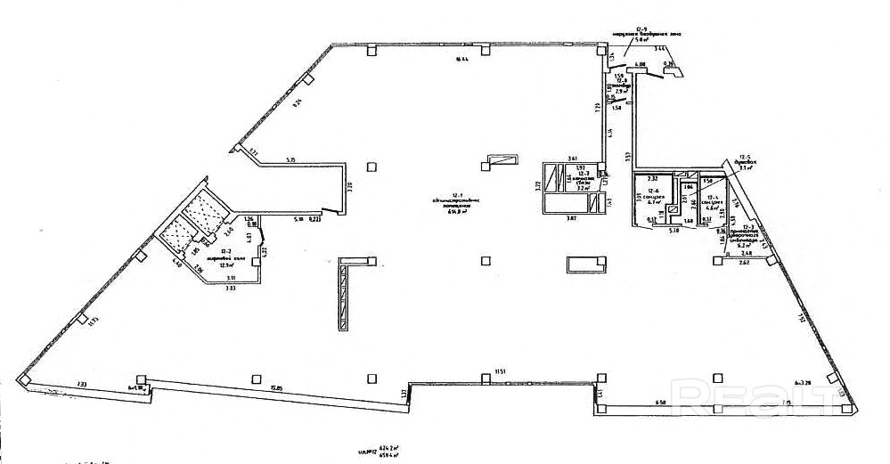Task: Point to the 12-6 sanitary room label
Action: [653, 195]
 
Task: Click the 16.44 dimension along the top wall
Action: [461, 60]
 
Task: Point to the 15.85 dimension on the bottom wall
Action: [277, 387]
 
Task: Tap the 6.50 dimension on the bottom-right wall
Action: [660, 403]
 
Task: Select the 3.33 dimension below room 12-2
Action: [230, 289]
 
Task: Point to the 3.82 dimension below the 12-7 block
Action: [570, 218]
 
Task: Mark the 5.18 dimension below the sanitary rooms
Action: [674, 230]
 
